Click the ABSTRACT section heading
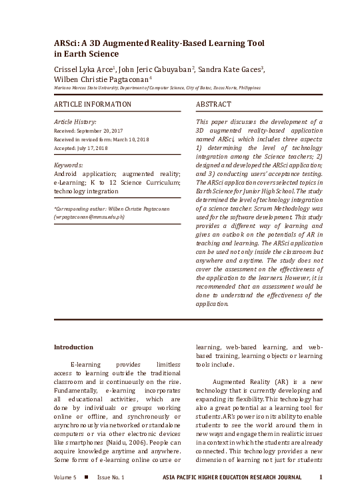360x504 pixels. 213,105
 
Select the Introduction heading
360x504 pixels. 73,347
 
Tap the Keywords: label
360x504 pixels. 68,165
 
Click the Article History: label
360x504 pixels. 75,123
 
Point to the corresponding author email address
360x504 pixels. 99,217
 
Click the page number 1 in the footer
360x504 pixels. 321,477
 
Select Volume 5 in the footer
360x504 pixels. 65,478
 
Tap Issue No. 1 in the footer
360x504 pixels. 111,478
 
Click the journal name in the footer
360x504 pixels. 232,478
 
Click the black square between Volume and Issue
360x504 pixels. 87,478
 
